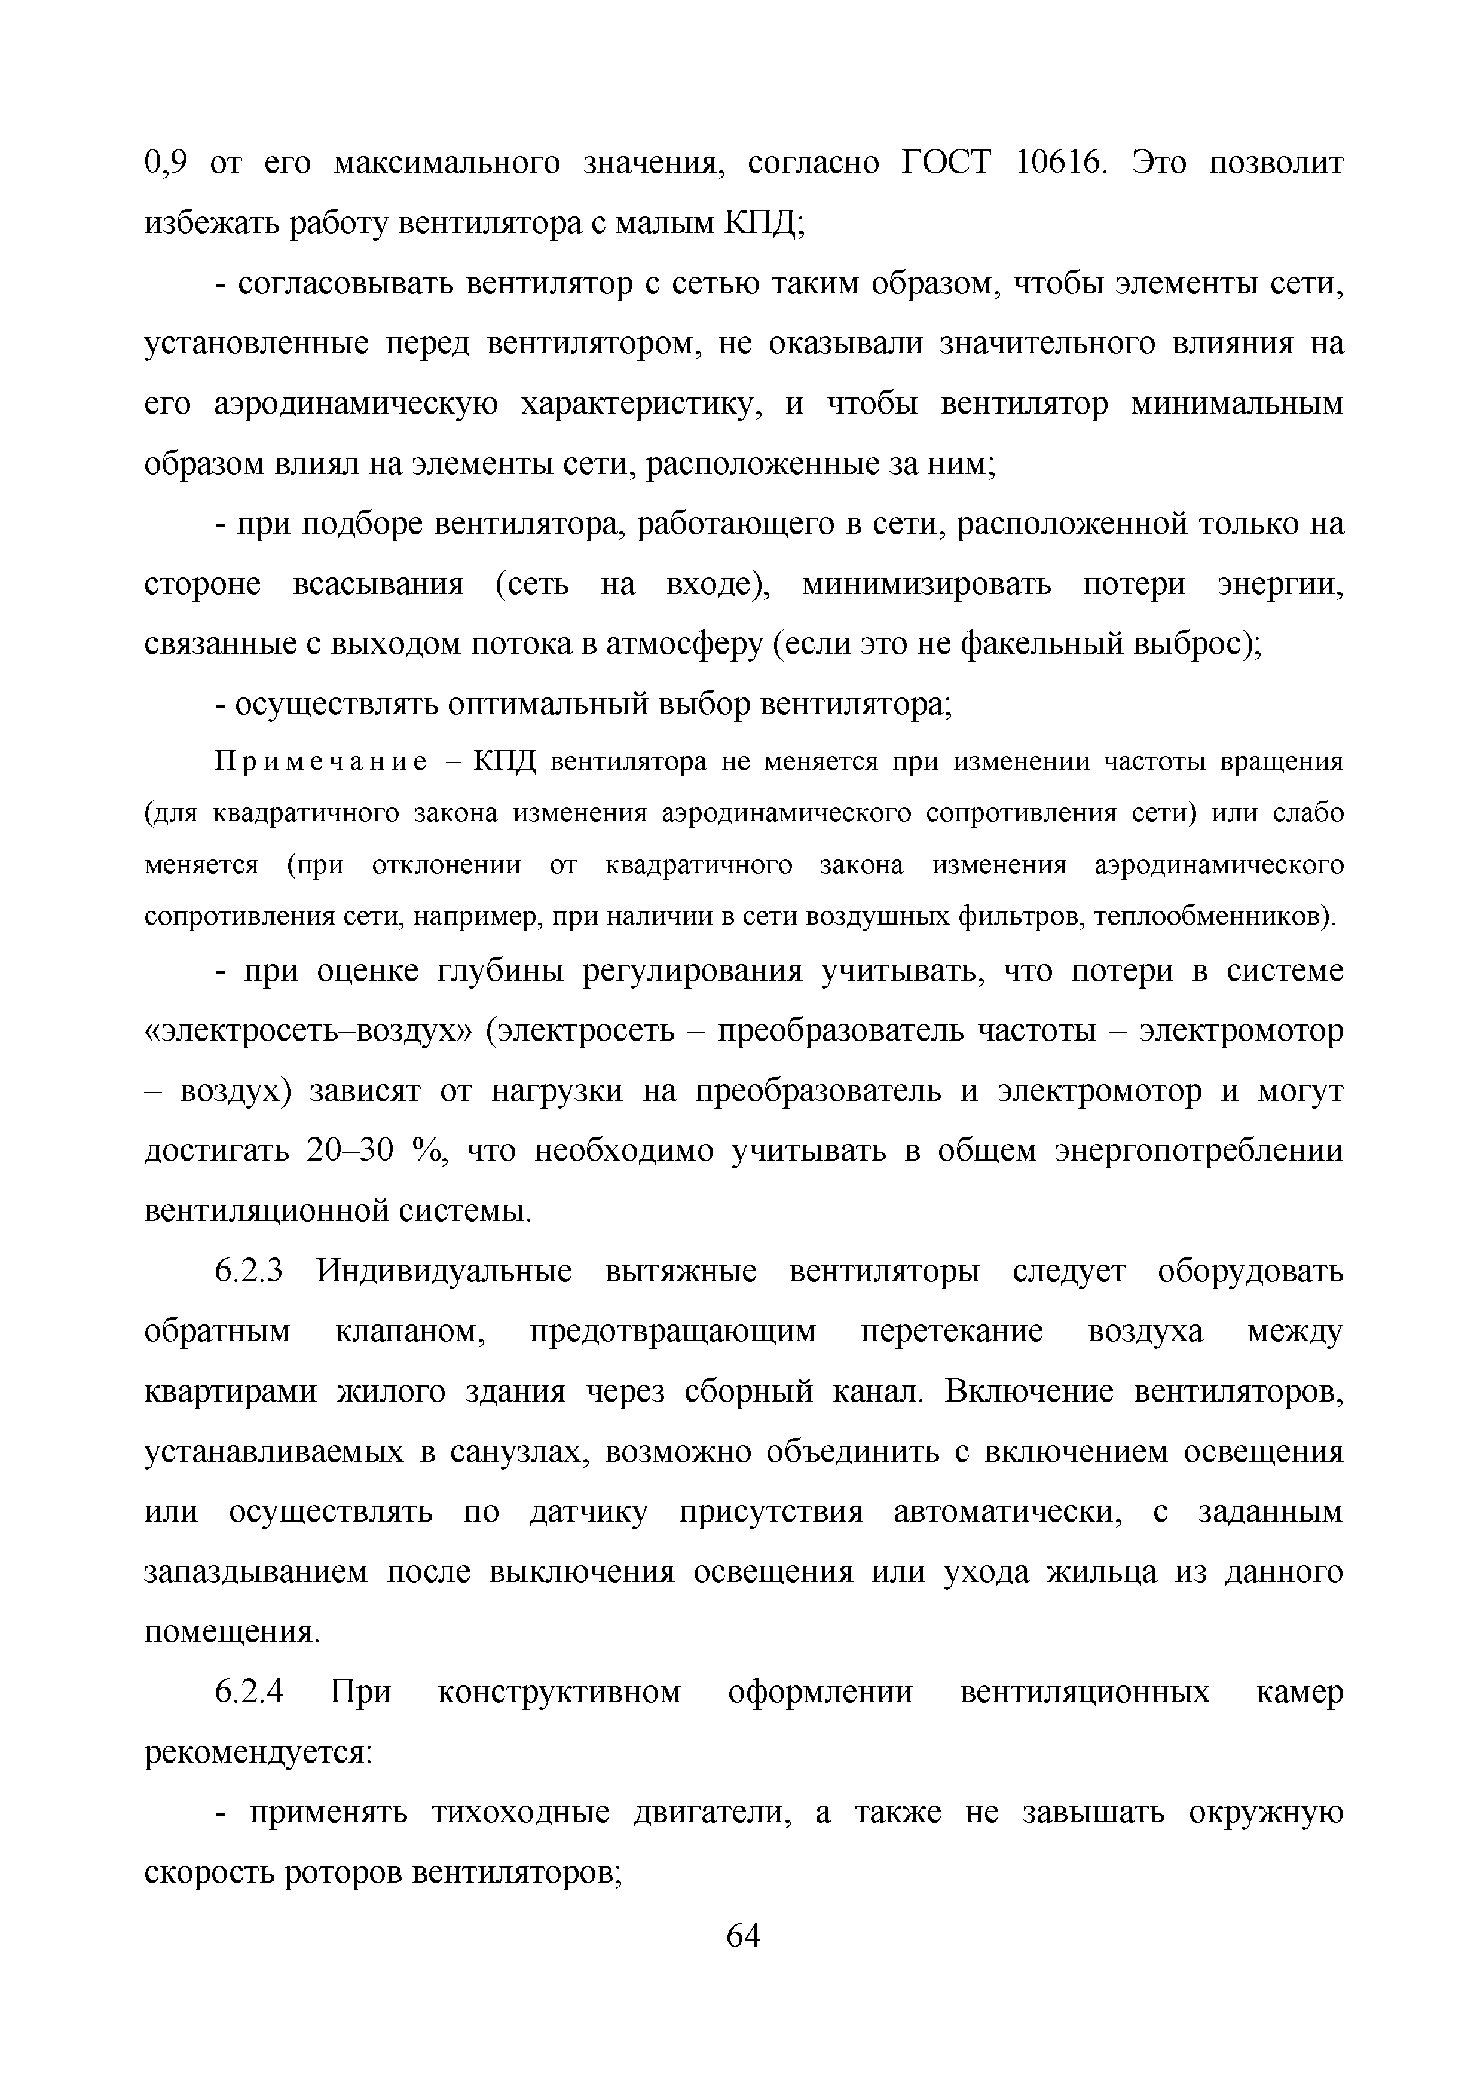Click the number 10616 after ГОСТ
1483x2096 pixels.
[x=1057, y=163]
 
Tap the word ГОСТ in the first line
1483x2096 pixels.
[x=945, y=163]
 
